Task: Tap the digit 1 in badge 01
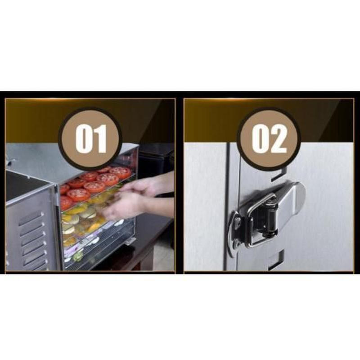100,139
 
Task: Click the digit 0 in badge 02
261,139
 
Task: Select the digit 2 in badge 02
279,139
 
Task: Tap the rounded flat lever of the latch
292,202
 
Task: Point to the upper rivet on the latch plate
237,222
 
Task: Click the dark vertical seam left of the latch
228,207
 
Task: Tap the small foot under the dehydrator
130,241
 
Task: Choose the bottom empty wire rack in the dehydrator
99,255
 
